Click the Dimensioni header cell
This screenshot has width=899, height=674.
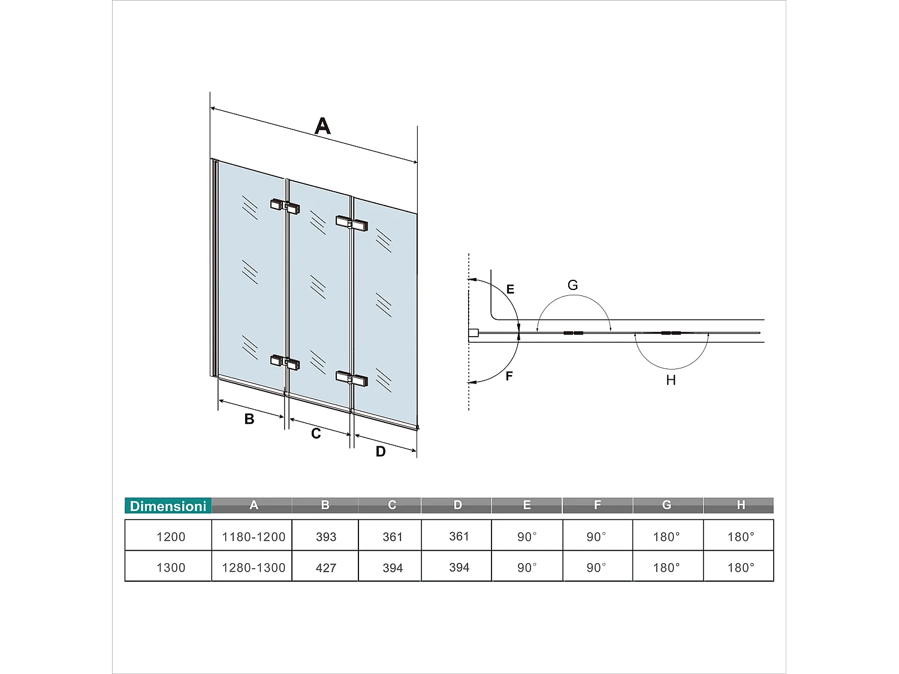click(168, 506)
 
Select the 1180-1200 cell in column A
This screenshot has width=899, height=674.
click(254, 537)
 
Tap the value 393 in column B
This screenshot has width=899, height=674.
click(326, 537)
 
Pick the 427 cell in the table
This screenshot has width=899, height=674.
click(326, 567)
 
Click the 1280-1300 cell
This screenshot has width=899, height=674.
click(254, 567)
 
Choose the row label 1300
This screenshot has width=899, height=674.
click(171, 567)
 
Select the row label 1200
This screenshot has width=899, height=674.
click(171, 537)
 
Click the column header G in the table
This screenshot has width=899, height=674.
click(666, 505)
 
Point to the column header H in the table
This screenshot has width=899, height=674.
click(741, 505)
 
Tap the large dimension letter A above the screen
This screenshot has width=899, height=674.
click(322, 126)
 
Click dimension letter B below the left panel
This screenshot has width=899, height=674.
click(249, 419)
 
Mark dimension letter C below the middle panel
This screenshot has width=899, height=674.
click(316, 433)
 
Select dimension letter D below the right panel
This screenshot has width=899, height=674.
click(381, 452)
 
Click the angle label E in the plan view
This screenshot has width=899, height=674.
click(510, 289)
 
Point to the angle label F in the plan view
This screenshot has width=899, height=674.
click(509, 376)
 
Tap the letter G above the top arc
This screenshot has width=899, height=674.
click(572, 285)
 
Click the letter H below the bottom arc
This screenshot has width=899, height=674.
click(671, 380)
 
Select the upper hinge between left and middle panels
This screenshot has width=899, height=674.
click(285, 206)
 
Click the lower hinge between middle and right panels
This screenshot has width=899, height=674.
click(351, 379)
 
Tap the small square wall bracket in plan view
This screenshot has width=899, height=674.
click(473, 333)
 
